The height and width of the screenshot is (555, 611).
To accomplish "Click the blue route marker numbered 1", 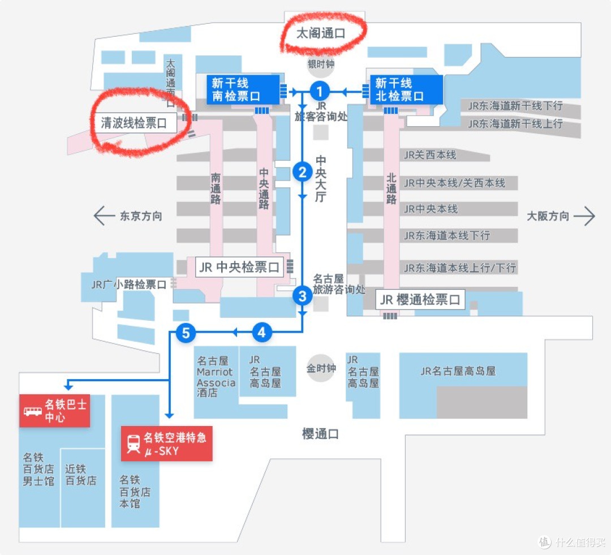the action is coord(320,92).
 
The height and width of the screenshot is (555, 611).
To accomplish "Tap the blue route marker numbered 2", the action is coord(302,172).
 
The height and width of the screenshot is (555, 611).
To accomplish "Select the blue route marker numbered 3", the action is coord(302,296).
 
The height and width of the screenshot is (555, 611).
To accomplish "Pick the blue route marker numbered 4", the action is coord(261,333).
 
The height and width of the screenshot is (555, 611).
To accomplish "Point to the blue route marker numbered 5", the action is coord(186,333).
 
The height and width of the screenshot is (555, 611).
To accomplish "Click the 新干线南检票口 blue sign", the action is coord(243,89).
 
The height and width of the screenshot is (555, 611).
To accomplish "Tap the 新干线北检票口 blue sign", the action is coord(406,89).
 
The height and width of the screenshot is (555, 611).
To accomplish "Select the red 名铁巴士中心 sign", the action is coord(54,411).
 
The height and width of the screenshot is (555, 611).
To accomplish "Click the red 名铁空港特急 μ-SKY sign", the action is coord(167,444).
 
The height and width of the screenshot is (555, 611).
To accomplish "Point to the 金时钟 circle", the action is coord(321,368).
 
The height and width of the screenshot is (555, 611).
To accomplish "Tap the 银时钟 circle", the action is coord(321,64).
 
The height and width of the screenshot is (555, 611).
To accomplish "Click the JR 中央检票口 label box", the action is coord(239,267).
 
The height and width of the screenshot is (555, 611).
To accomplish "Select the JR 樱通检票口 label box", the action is coord(420,299).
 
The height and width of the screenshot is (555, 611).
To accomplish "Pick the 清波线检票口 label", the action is coord(134,123).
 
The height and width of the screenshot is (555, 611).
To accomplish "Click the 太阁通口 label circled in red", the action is coord(321,33).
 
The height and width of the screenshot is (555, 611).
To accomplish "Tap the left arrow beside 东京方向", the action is coord(105,216).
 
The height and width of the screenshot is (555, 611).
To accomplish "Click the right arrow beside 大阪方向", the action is coord(584,216).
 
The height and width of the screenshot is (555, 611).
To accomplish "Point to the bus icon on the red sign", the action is coord(33,411).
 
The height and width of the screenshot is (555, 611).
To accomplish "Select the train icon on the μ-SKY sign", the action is coord(134,444).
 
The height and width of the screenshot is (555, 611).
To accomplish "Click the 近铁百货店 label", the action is coord(81,475).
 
